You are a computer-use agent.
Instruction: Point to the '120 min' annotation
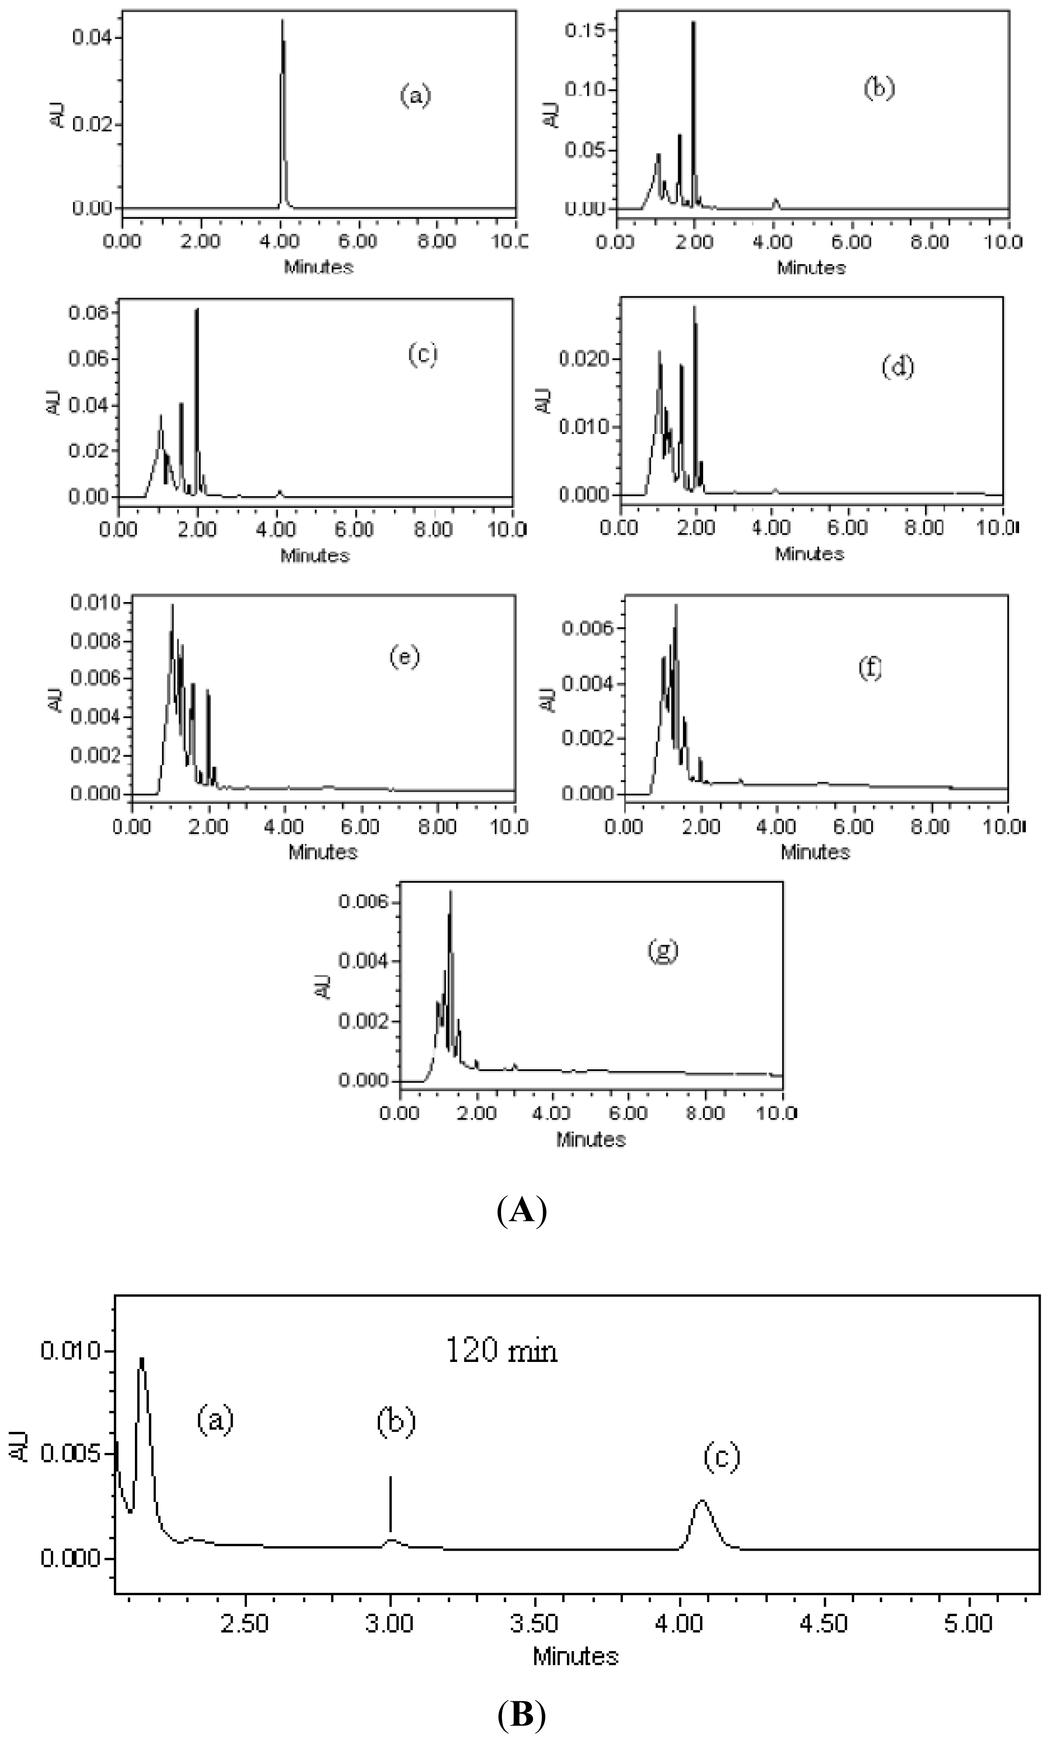[x=501, y=1350]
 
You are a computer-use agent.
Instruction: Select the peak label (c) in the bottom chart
[x=721, y=1457]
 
